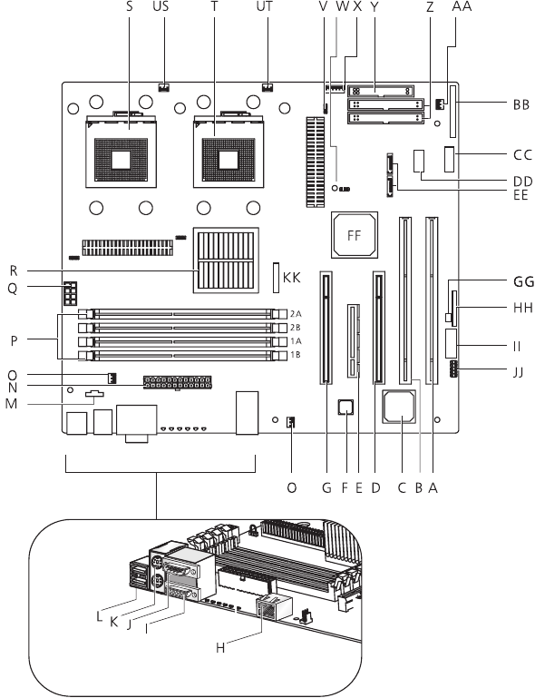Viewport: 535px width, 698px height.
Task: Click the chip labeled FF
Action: [355, 235]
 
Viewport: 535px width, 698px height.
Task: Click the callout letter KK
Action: [292, 278]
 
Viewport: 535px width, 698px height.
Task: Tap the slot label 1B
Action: [296, 355]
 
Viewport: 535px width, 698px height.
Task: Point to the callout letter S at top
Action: [130, 6]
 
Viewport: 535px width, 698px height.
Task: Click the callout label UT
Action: [264, 6]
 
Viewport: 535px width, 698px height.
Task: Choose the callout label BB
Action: [521, 104]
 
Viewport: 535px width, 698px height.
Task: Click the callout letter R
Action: [14, 270]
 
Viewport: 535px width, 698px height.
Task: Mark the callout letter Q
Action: [13, 289]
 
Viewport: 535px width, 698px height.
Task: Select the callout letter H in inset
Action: [220, 648]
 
